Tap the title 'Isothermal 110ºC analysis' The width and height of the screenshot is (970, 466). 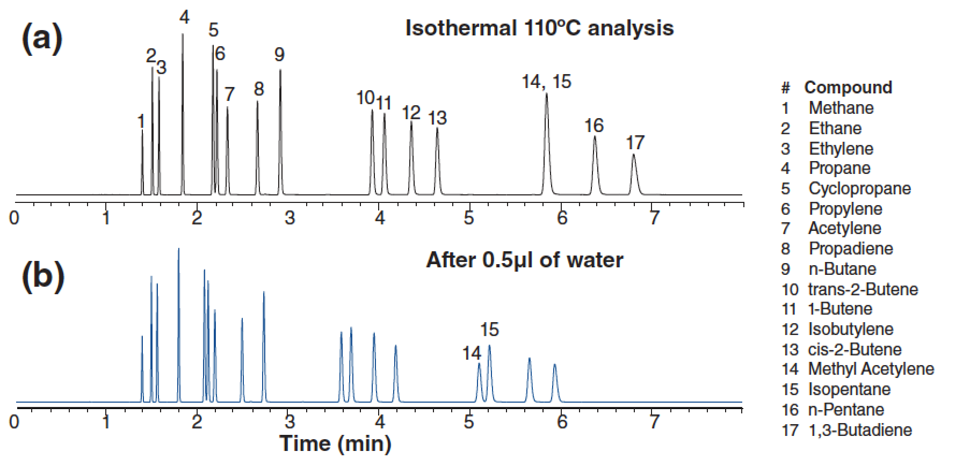click(x=539, y=28)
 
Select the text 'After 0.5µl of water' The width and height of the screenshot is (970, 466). click(x=524, y=260)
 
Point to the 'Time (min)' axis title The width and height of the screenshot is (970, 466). click(x=335, y=443)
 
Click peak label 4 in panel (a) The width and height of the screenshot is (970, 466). click(x=184, y=18)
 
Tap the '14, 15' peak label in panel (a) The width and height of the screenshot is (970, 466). click(x=546, y=82)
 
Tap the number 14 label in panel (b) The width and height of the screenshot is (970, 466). click(x=472, y=353)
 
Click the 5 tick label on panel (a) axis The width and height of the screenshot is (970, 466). click(x=469, y=219)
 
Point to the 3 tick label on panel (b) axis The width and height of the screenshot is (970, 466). click(x=290, y=422)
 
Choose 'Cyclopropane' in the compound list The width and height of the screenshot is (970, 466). click(x=859, y=188)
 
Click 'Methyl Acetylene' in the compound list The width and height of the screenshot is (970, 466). click(x=871, y=369)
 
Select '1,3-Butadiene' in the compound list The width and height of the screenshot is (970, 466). click(x=859, y=430)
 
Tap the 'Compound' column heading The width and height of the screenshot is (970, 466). click(x=848, y=88)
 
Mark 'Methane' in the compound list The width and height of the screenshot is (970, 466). click(x=841, y=108)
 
